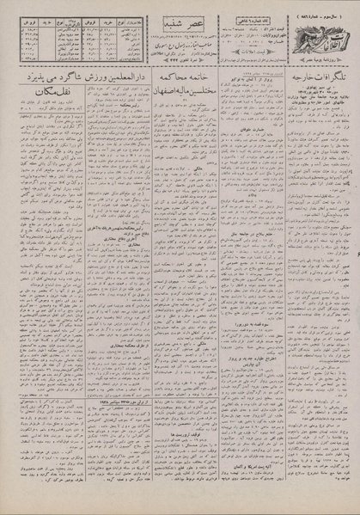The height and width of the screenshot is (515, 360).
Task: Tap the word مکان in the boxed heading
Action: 27,97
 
